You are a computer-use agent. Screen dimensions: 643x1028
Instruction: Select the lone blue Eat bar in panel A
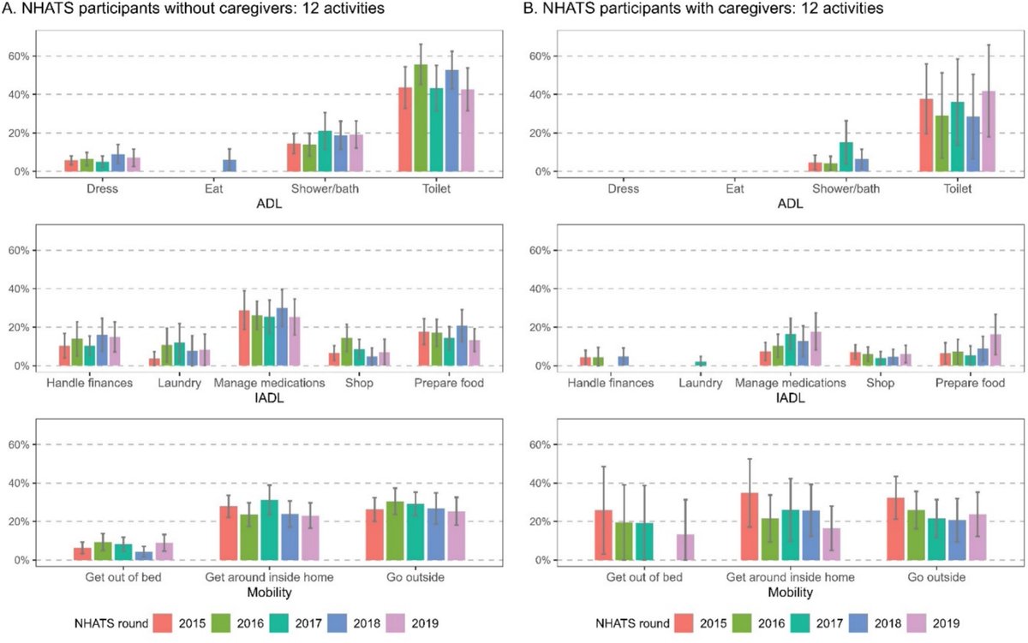[x=229, y=165]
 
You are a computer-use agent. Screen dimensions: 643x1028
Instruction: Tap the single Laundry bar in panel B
[x=702, y=363]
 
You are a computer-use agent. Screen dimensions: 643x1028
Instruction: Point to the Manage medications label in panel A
[x=269, y=383]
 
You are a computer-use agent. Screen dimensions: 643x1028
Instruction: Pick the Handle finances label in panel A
[x=90, y=383]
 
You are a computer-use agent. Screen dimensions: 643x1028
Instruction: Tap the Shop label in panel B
[x=880, y=383]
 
